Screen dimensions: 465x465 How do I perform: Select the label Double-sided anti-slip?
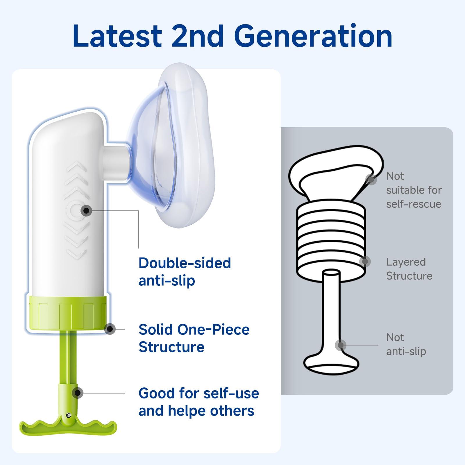pos(185,272)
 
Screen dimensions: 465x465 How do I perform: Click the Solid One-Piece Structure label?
pos(194,338)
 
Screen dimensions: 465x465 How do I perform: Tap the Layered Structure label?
pos(409,269)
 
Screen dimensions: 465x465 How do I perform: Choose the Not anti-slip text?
pos(406,344)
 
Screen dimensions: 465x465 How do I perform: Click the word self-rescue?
pos(414,204)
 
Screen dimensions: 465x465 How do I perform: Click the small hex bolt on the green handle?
pos(69,415)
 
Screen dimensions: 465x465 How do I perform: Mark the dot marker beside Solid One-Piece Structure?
pos(110,329)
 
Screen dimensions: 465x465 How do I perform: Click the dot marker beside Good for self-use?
pos(78,393)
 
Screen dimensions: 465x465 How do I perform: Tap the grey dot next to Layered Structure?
pos(365,262)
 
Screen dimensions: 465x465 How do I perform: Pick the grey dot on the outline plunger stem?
pos(341,345)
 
